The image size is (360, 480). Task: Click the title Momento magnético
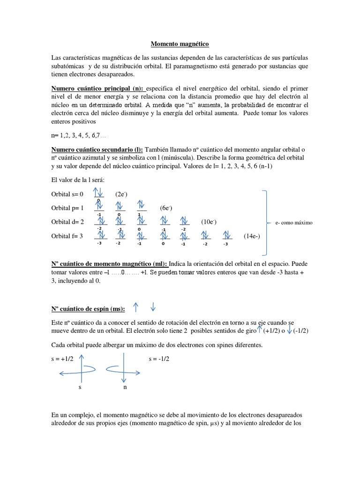[180, 44]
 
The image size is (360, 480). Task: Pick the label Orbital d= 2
[67, 222]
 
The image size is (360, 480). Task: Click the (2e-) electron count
[122, 194]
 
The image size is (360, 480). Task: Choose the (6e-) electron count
[167, 208]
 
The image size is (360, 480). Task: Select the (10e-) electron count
[209, 221]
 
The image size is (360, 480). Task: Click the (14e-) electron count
[252, 236]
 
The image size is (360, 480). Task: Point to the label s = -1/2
[158, 359]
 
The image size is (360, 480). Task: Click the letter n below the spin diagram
[125, 387]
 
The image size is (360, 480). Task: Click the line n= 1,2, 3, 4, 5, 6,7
[78, 135]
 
